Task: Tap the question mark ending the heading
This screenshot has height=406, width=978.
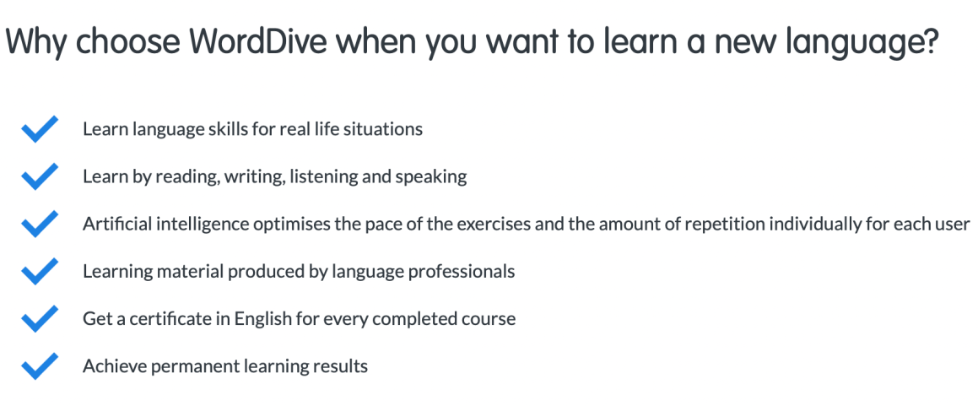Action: tap(930, 41)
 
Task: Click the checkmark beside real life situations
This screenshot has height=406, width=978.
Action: tap(40, 129)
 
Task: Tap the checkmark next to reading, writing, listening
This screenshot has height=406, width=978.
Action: tap(40, 176)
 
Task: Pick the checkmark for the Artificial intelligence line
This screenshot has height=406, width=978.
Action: tap(40, 224)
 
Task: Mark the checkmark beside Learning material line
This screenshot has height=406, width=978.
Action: tap(40, 271)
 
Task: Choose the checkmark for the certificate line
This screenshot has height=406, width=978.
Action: tap(40, 319)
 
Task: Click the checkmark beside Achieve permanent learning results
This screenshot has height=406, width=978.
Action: tap(40, 366)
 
